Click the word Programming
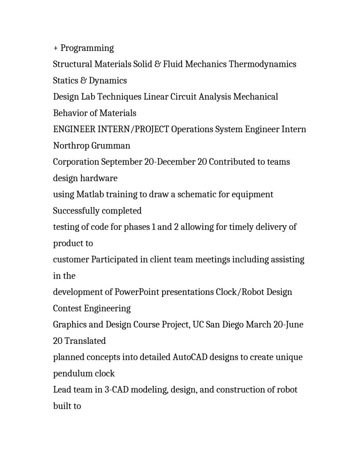tap(87, 48)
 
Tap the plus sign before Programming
tap(55, 48)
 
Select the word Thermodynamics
tap(262, 64)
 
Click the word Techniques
tap(119, 97)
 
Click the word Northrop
tap(71, 146)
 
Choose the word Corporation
tap(76, 162)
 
